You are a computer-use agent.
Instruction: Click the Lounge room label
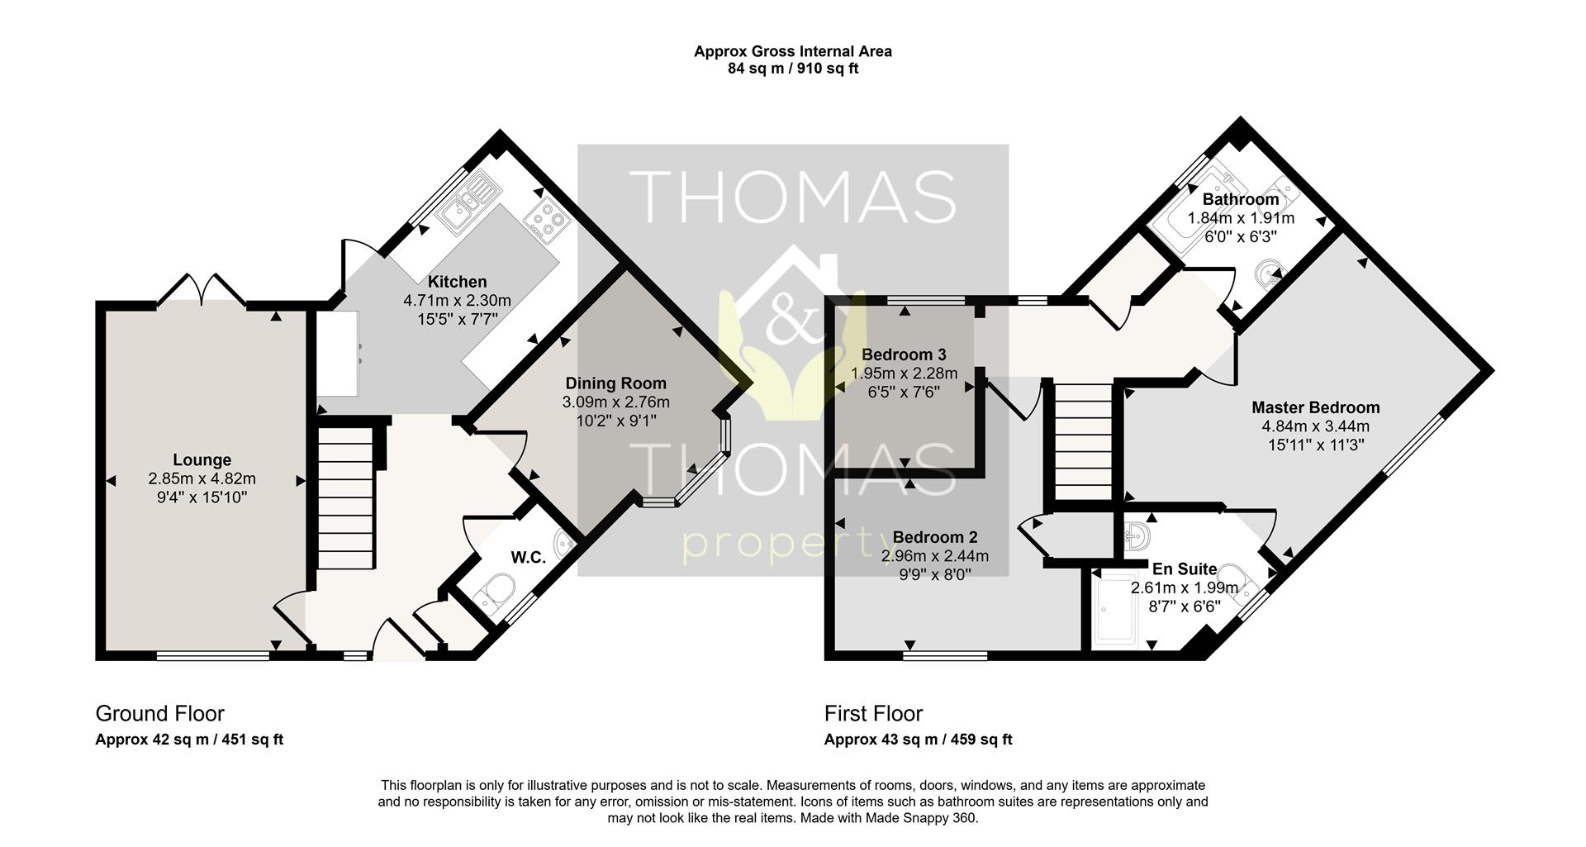click(202, 460)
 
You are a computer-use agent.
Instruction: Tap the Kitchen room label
click(457, 282)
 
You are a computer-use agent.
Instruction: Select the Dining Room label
click(615, 383)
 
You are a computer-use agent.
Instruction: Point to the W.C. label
click(528, 558)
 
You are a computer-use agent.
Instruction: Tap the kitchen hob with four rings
click(546, 220)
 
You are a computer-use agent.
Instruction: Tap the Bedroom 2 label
click(935, 538)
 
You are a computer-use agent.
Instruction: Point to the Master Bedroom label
click(1315, 407)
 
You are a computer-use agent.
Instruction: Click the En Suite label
click(1184, 569)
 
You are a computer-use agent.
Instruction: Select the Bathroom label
click(1240, 200)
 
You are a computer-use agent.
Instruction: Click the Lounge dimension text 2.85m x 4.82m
click(202, 478)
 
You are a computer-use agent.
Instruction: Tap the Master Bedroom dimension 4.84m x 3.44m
click(1315, 426)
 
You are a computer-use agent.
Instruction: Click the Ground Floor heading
click(160, 713)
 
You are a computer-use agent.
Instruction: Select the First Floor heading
click(873, 713)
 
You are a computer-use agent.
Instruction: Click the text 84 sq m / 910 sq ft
click(792, 69)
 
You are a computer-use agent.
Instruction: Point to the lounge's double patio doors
click(201, 289)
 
